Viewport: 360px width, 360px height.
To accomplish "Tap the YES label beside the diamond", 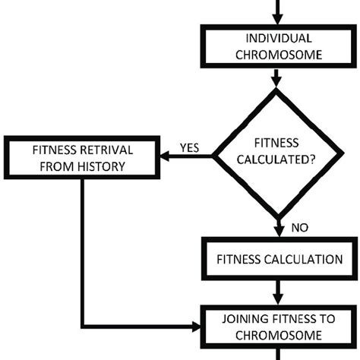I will point(189,148).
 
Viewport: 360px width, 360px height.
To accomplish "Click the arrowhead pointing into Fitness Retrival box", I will point(162,157).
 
